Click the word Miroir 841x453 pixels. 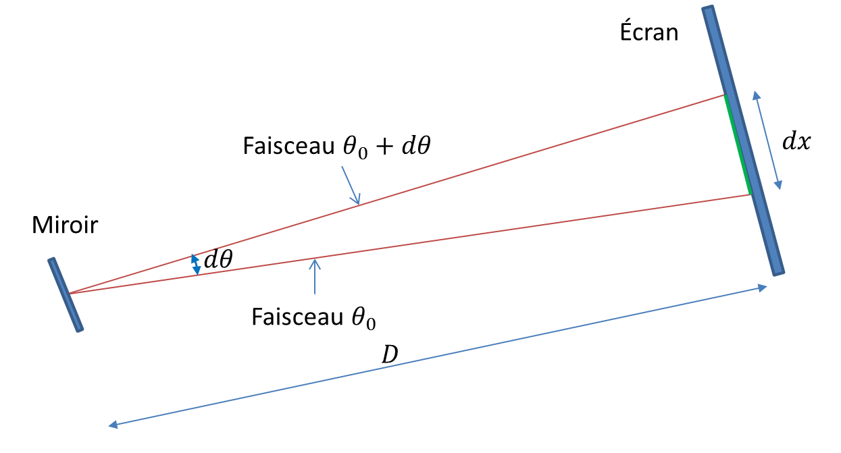point(65,225)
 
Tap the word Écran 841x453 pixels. point(649,31)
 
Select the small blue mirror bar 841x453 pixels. point(66,295)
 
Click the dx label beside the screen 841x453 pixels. point(796,142)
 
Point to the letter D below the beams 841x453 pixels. point(389,354)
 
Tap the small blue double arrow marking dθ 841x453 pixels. point(195,264)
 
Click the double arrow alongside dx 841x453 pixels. point(767,140)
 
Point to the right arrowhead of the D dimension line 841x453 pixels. point(763,288)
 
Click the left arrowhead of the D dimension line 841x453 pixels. point(113,425)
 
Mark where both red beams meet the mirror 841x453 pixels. point(70,293)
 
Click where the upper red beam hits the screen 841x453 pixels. point(725,96)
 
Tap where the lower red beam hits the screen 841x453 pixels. point(750,194)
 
